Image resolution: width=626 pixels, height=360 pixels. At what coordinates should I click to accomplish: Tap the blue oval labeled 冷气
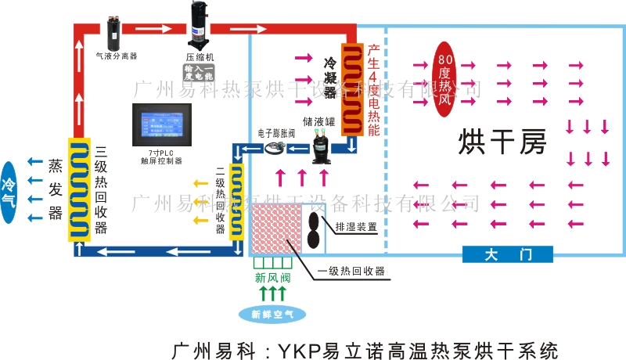click(x=9, y=191)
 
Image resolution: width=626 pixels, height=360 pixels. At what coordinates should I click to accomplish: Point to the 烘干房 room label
click(x=501, y=142)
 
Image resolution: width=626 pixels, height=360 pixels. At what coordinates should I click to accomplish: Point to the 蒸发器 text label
click(x=55, y=190)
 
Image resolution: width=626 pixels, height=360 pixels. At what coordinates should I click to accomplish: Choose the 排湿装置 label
click(x=356, y=227)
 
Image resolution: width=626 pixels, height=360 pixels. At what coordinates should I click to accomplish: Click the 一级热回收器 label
click(x=351, y=272)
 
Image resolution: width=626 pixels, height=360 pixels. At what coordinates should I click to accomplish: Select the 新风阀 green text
click(x=272, y=277)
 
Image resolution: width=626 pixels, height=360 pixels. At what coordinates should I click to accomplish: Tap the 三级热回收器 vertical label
click(x=101, y=190)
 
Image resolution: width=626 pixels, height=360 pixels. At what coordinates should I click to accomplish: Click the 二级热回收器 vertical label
click(x=221, y=201)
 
